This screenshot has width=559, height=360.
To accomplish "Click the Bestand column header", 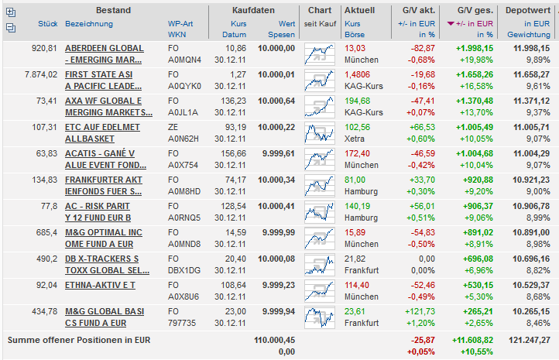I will tap(113, 10).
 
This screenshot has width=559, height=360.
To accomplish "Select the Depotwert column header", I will tap(528, 10).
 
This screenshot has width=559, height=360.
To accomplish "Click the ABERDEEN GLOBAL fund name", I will tap(103, 47).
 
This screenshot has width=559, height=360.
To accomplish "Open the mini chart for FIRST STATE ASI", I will tap(319, 80).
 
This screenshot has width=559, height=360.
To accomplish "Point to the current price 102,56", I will tap(357, 126).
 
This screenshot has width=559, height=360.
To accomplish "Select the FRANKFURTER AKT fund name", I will tap(103, 179).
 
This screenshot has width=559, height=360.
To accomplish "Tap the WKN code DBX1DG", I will tap(183, 270).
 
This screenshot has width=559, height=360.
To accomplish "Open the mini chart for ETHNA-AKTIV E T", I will tap(319, 290).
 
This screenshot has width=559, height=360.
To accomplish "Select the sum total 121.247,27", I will tap(528, 339).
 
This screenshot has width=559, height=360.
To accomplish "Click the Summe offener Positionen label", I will tap(78, 339).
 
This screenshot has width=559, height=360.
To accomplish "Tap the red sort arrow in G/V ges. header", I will tap(451, 24).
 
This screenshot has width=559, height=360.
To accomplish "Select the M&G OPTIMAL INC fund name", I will tap(103, 231).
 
